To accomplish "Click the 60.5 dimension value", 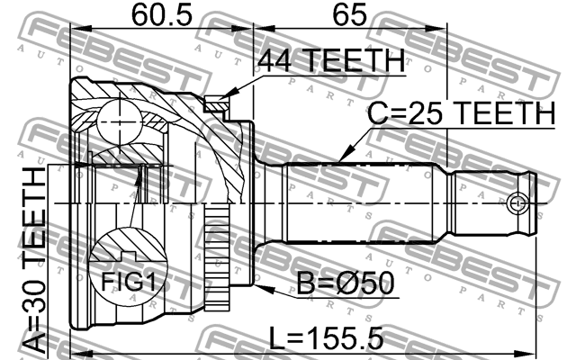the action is (x=162, y=15).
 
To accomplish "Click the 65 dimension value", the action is (x=350, y=15).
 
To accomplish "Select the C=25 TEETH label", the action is (x=462, y=113).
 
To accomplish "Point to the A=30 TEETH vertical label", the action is (x=34, y=260).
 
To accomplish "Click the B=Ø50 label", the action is (x=346, y=283).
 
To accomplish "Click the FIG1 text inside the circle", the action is (x=128, y=282).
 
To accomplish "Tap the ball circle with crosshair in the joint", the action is (x=120, y=122).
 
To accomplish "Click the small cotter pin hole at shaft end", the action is (x=517, y=203).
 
